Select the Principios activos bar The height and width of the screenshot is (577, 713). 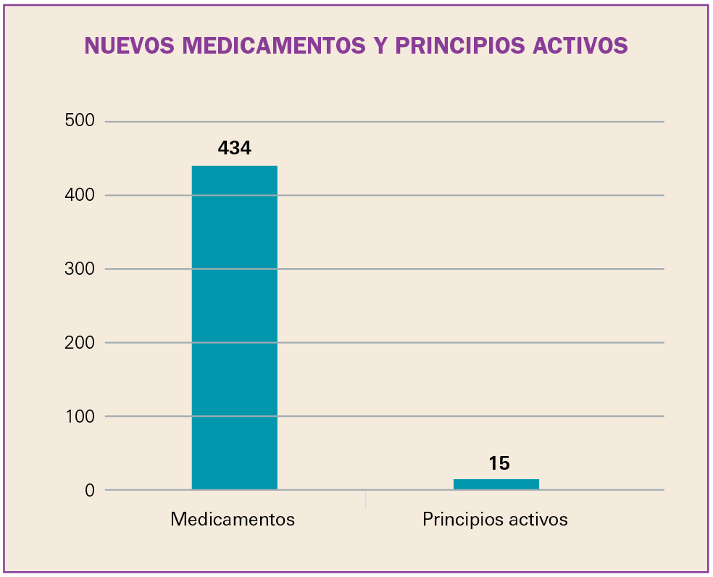click(x=496, y=484)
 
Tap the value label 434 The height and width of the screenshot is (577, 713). click(x=234, y=149)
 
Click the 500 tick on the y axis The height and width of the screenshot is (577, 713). click(x=80, y=121)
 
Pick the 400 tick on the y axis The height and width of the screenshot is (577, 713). click(x=80, y=195)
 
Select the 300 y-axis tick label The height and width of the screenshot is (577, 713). click(x=80, y=269)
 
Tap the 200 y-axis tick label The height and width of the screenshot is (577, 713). click(x=80, y=342)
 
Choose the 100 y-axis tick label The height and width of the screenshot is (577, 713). click(x=80, y=416)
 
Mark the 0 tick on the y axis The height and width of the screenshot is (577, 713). click(x=89, y=490)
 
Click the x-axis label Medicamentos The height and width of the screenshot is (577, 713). click(x=233, y=520)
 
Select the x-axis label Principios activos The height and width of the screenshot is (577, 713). click(x=495, y=520)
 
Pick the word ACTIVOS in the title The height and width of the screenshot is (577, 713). click(x=580, y=46)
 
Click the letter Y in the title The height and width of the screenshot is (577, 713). click(x=380, y=46)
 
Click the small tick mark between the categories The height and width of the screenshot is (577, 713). click(x=365, y=499)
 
